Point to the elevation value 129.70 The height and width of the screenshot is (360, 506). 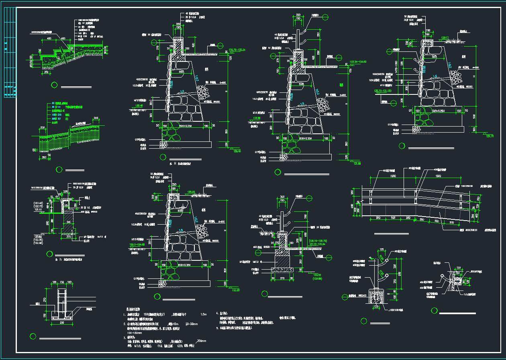click(490, 136)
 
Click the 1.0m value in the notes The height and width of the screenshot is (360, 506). click(203, 314)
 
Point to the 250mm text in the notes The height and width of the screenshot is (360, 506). click(201, 341)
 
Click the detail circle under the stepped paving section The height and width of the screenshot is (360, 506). click(55, 85)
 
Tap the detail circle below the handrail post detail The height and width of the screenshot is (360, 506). click(364, 321)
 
